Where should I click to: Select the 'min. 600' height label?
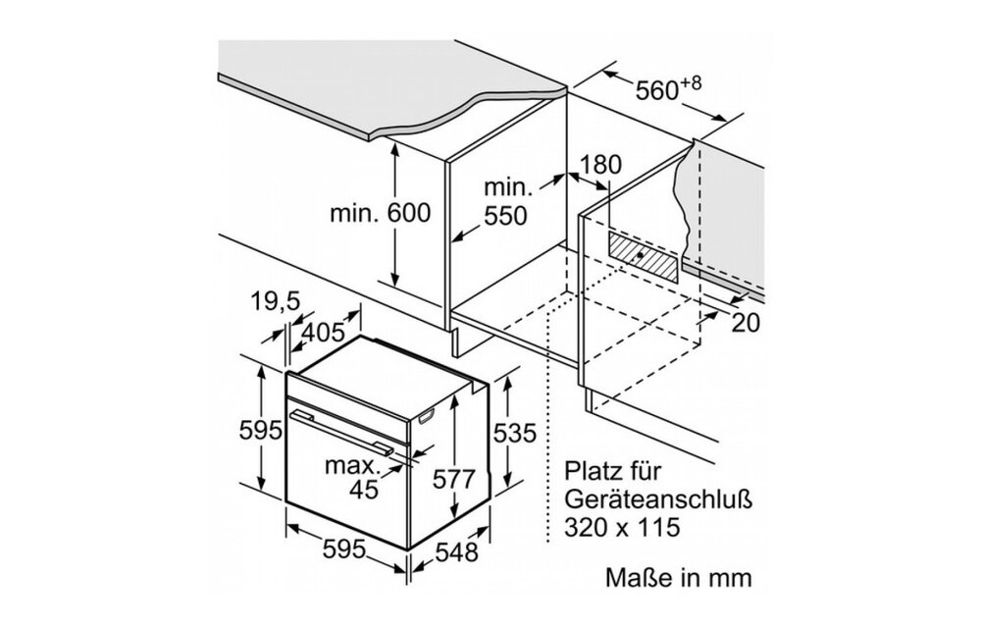click(x=380, y=213)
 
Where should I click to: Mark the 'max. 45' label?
click(x=357, y=476)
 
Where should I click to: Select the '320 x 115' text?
click(x=622, y=528)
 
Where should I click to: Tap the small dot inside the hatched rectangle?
click(x=641, y=253)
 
